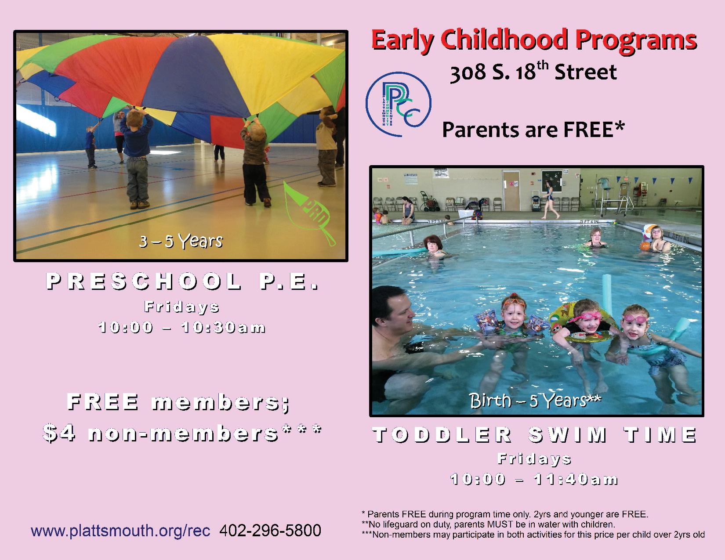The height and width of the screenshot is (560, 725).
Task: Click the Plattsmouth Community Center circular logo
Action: coord(399,104)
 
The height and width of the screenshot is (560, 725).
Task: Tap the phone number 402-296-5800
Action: coord(270,530)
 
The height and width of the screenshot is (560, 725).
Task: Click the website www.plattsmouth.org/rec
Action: coord(120,531)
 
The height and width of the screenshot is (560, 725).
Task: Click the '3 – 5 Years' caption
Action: coord(181,241)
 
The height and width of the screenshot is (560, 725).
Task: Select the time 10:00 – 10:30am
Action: coord(182,327)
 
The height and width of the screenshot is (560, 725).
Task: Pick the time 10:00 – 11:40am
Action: coord(534,479)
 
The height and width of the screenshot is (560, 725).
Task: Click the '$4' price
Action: coord(59,433)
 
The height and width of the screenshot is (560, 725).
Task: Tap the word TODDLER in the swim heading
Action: coord(442,434)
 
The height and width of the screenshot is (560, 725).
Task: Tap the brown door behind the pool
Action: coord(511,191)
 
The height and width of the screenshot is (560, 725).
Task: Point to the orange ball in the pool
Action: coord(645,246)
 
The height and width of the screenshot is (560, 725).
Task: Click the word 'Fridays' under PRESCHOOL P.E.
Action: coord(182,307)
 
